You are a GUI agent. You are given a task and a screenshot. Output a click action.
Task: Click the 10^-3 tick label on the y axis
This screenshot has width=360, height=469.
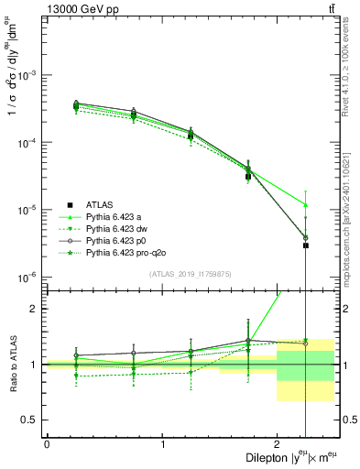[28, 75]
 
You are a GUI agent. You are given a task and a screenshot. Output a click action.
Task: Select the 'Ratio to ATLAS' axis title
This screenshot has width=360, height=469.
[13, 364]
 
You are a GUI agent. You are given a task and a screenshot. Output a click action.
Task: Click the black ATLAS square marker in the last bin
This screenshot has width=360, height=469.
[305, 245]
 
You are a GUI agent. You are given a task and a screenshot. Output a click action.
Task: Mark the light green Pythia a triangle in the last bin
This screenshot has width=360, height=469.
[305, 204]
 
